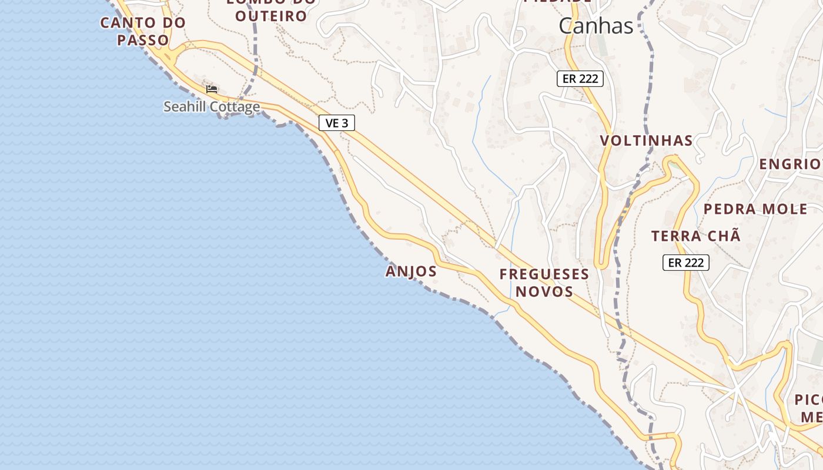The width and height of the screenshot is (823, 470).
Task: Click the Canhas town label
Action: pos(595,26)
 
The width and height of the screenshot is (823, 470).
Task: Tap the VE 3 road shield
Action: pos(337,123)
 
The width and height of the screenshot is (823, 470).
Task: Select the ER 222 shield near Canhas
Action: pos(580,78)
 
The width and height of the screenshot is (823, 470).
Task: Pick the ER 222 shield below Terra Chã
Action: pos(686,263)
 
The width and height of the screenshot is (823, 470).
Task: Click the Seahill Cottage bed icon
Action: pos(212,89)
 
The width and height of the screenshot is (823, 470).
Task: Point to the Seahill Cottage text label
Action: pos(212,107)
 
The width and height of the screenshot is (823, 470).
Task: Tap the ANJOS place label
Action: pos(411,271)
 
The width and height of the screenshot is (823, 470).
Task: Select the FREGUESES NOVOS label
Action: pos(544,283)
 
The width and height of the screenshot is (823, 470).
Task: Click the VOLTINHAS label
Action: pos(646,141)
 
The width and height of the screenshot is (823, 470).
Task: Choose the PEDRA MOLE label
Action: pos(755,209)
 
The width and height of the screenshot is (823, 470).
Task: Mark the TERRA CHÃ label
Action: pos(695,236)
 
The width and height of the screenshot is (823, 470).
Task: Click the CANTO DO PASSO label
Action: pos(143,31)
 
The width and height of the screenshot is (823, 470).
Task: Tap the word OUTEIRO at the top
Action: pos(271,16)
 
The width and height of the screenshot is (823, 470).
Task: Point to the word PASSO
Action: pos(143,41)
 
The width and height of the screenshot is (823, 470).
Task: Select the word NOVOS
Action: pos(544,291)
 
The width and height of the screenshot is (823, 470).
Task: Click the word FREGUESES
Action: pos(544,274)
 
